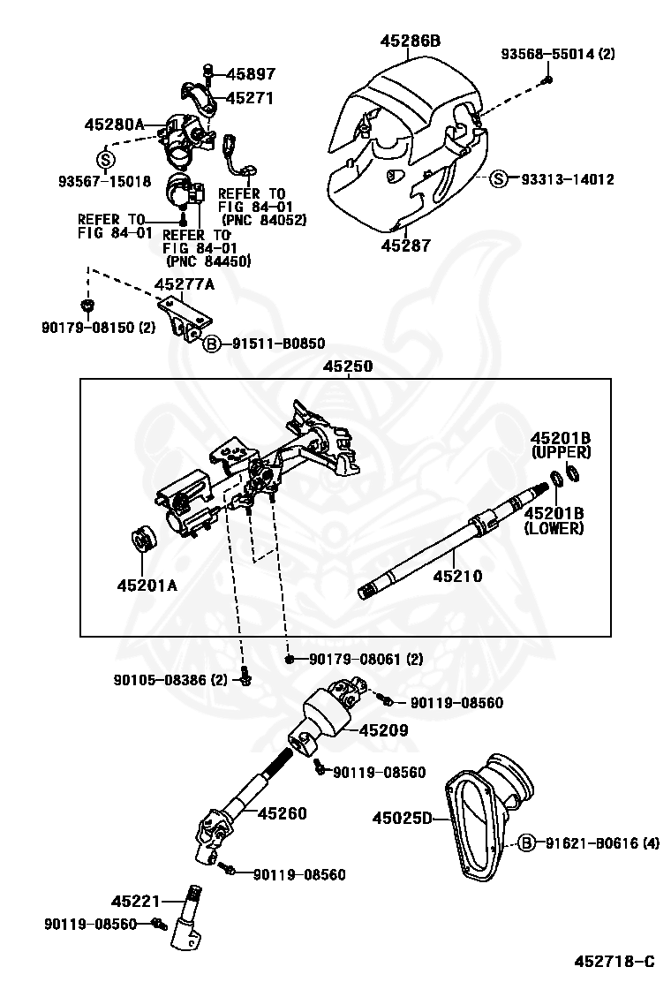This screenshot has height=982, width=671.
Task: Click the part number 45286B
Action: [411, 41]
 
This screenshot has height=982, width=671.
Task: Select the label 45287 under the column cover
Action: [405, 245]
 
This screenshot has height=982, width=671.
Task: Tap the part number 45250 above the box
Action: [347, 366]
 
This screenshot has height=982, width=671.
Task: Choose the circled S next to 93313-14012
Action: [500, 180]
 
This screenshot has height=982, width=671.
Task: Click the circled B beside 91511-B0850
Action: [213, 344]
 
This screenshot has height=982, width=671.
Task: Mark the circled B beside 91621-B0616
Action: [526, 842]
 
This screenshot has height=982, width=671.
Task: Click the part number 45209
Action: [360, 730]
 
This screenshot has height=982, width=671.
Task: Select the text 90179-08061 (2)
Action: [366, 659]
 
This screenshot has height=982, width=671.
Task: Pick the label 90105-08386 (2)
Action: [170, 679]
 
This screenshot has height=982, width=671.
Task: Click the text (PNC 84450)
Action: [207, 261]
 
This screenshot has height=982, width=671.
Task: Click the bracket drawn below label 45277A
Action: [188, 319]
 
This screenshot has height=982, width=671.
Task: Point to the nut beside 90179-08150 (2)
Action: [87, 306]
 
